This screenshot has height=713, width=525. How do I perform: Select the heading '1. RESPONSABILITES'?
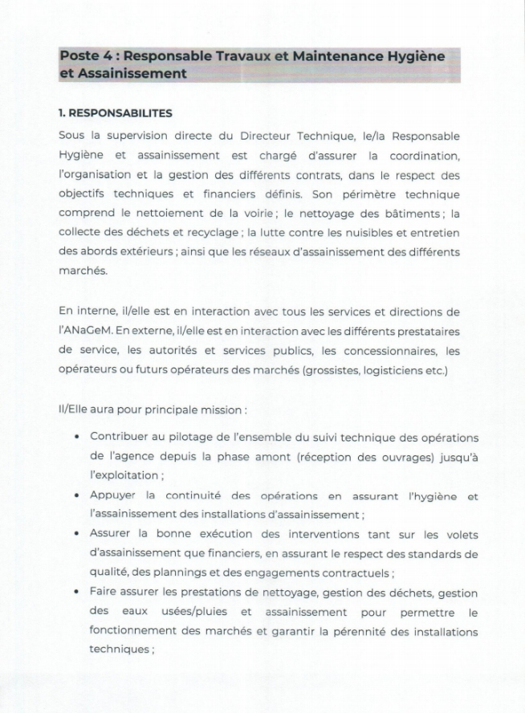[x=116, y=113]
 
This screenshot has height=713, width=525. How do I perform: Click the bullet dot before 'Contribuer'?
[x=75, y=438]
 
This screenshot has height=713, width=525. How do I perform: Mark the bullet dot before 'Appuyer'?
[x=75, y=495]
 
